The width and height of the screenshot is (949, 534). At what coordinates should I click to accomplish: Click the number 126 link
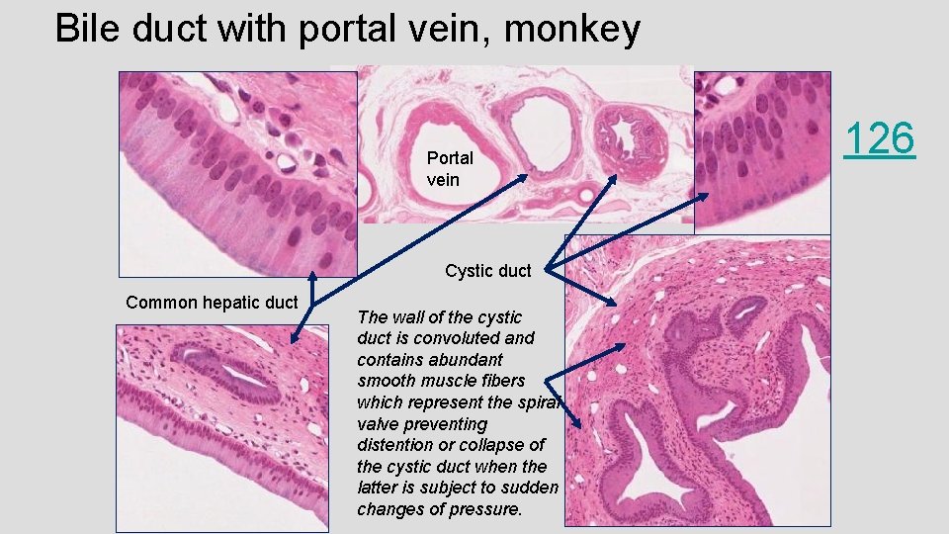pos(879,138)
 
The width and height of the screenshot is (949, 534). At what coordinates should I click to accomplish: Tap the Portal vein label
pos(449,168)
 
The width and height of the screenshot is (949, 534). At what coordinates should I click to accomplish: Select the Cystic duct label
pos(487,271)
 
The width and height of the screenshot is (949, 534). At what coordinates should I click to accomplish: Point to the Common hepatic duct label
pos(212,303)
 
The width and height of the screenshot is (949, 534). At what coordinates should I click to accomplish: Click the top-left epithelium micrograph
pos(237,173)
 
